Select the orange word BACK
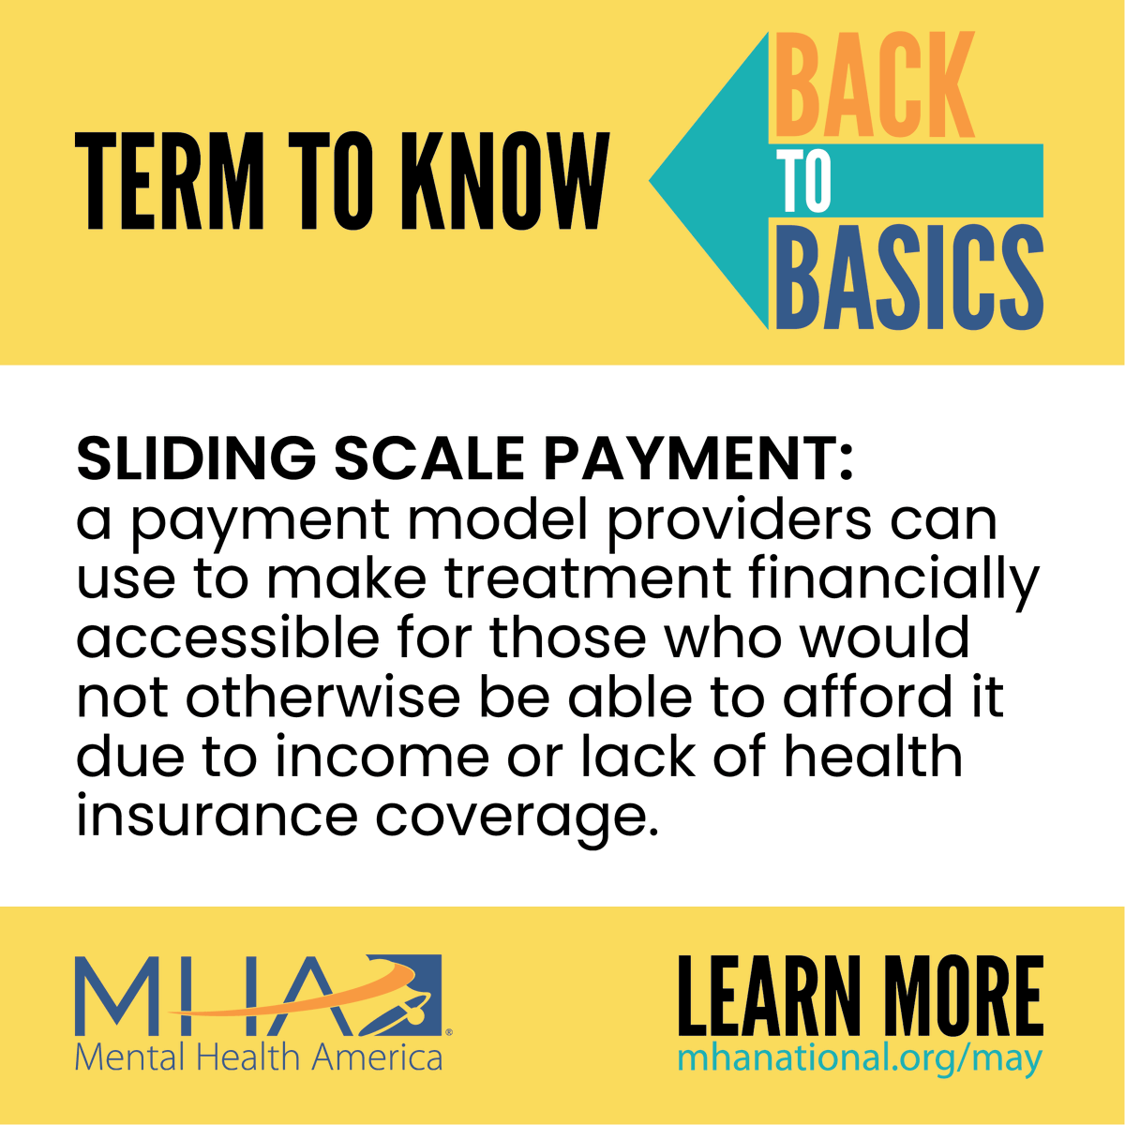tap(876, 86)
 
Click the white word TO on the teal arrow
tap(804, 182)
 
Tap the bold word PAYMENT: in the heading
tap(698, 458)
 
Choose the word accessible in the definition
tap(228, 637)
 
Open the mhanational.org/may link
tap(859, 1058)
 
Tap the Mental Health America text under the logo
tap(258, 1057)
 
